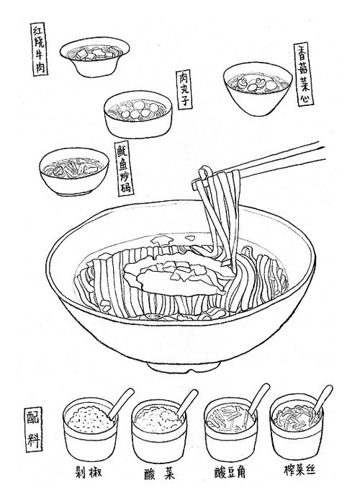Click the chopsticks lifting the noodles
(281, 162)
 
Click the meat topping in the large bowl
(173, 275)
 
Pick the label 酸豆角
(229, 474)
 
